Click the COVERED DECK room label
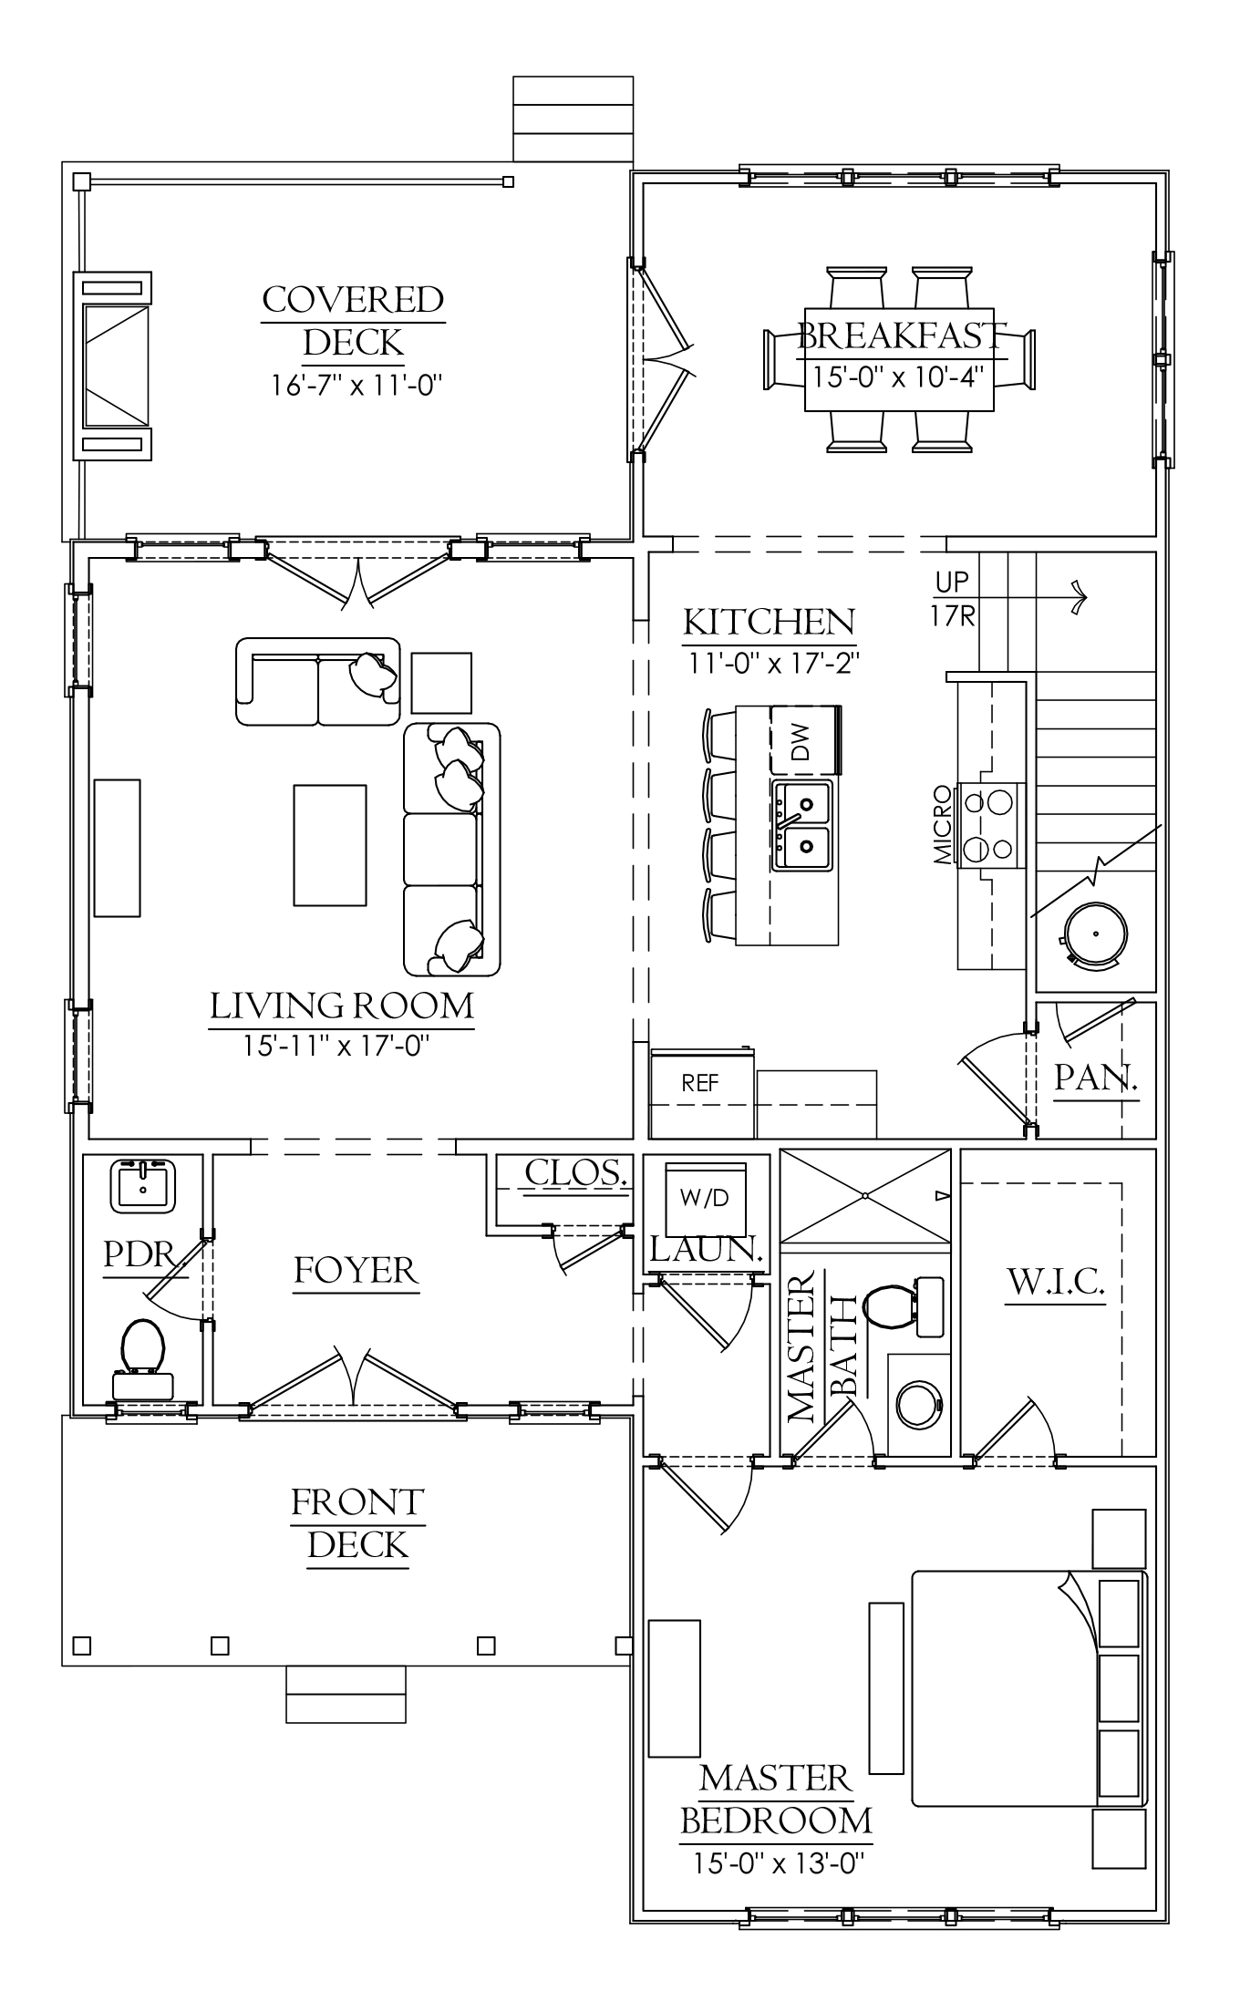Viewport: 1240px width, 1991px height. point(354,321)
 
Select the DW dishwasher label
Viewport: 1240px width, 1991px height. point(800,741)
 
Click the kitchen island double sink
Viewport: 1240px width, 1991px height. point(802,825)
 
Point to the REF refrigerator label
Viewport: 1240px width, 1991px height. point(700,1083)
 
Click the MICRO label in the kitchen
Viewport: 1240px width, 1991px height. point(943,825)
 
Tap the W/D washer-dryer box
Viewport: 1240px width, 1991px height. point(705,1198)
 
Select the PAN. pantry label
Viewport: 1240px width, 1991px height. point(1096,1078)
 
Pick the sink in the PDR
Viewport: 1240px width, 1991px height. point(142,1186)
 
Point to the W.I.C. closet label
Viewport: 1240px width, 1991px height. point(1056,1283)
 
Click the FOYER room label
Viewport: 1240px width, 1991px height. point(356,1270)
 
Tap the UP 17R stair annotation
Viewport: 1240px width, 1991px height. point(953,599)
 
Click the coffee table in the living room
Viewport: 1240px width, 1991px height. point(329,845)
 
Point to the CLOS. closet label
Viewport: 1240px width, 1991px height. point(577,1172)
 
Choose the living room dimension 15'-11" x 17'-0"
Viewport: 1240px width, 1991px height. point(336,1045)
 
